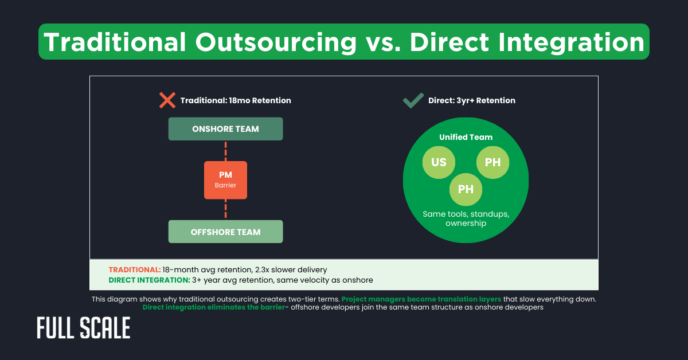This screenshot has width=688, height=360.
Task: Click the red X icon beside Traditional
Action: point(167,100)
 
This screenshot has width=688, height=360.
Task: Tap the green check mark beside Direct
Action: point(413,101)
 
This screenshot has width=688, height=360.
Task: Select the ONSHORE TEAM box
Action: point(225,129)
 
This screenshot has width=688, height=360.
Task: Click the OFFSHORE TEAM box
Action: point(225,232)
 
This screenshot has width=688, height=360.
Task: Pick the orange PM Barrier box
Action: point(225,180)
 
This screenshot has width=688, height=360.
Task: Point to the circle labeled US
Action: point(439,162)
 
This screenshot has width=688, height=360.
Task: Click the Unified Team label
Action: point(466,137)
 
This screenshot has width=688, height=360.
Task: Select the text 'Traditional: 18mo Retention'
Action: point(236,100)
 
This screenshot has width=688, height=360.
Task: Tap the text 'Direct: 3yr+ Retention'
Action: point(471,100)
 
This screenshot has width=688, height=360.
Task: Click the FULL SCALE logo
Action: point(84,328)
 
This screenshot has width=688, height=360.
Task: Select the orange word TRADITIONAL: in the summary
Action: point(134,269)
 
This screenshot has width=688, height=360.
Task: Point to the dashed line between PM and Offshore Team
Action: point(225,209)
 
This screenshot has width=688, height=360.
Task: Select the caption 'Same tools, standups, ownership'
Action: point(466,218)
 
